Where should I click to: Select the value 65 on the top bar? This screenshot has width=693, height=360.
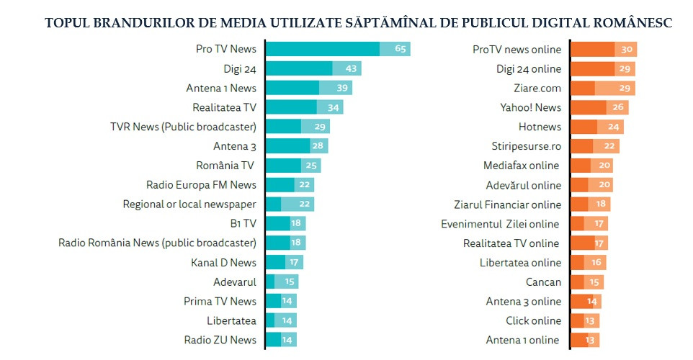402,49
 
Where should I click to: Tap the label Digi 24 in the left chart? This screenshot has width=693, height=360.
240,69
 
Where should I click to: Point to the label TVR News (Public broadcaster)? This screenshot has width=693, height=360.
183,127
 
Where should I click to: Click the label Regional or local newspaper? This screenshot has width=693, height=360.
189,204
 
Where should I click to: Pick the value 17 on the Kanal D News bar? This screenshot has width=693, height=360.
294,262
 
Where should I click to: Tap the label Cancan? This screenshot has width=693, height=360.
544,282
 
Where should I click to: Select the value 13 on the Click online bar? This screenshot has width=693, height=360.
591,320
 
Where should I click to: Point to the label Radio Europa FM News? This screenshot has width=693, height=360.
201,185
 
